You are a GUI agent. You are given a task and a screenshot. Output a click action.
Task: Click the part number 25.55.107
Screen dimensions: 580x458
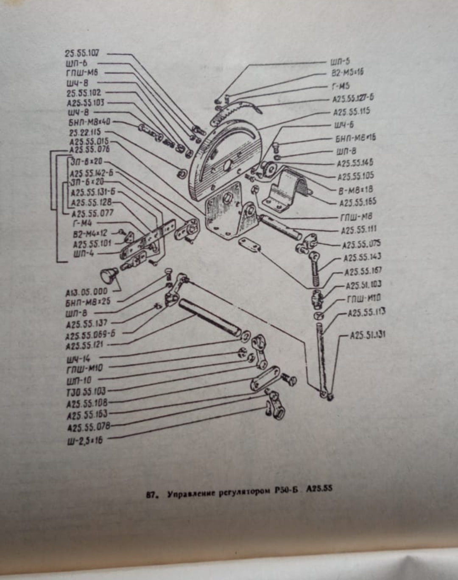click(82, 53)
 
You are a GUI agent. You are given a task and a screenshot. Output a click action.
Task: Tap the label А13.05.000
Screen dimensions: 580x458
click(87, 292)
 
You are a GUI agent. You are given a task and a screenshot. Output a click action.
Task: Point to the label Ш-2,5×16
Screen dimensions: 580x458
click(85, 440)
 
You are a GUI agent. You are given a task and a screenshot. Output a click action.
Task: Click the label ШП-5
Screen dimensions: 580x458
click(340, 61)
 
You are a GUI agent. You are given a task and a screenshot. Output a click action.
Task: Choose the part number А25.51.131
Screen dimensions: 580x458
click(367, 335)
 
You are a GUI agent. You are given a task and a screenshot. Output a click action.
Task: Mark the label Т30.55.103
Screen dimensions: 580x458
click(86, 391)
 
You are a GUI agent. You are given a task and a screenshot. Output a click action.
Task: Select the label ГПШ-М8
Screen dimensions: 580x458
click(356, 217)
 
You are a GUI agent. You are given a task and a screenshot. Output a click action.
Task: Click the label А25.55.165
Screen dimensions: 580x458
click(357, 202)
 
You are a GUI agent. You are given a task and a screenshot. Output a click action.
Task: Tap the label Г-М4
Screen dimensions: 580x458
click(82, 223)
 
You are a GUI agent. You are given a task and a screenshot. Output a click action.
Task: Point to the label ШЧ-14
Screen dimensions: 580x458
click(78, 359)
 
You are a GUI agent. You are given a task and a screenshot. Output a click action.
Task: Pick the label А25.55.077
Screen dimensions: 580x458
click(92, 213)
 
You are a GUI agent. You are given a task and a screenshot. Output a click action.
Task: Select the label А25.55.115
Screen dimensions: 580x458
click(351, 112)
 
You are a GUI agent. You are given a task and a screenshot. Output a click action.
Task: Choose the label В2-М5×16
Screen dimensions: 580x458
click(347, 72)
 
